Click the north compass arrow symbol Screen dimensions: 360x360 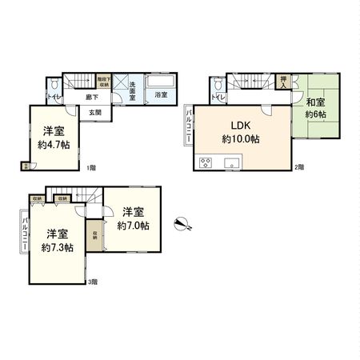point(183,222)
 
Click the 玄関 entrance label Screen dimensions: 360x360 point(94,112)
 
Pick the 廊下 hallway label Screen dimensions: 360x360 point(92,97)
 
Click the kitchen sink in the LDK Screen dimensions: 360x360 point(234,166)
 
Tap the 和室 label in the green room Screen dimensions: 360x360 point(314,102)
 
